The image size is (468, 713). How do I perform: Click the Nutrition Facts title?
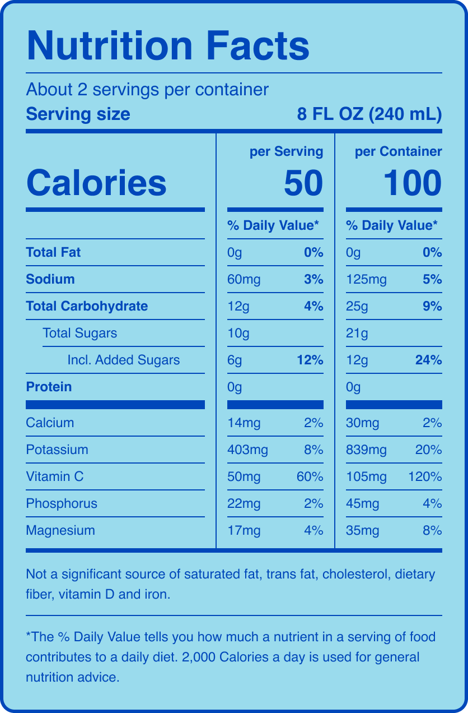click(x=168, y=46)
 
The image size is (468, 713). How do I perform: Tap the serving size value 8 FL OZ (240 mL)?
click(x=369, y=114)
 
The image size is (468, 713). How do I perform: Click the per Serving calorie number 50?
click(x=303, y=183)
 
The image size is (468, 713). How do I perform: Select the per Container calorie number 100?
click(x=413, y=183)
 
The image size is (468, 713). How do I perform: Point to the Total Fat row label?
click(x=53, y=252)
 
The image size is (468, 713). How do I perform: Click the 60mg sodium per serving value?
click(x=244, y=279)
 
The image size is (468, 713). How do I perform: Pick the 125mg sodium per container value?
click(x=366, y=279)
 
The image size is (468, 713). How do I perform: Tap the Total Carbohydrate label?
click(x=87, y=306)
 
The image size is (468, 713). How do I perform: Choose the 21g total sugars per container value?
click(x=357, y=333)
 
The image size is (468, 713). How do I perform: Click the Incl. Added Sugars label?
click(x=123, y=360)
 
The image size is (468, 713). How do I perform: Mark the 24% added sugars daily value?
click(x=429, y=360)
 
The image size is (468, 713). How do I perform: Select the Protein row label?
click(x=49, y=387)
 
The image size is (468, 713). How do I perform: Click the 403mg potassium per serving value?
click(x=247, y=450)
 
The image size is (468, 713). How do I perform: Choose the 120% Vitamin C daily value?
click(x=425, y=476)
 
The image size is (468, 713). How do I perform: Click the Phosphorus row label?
click(x=62, y=503)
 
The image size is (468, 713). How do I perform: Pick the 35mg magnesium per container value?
click(x=362, y=530)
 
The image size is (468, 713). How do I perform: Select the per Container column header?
click(x=398, y=151)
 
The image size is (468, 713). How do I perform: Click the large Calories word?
click(x=96, y=183)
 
